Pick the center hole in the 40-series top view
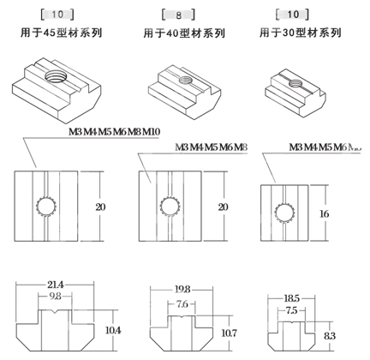click(165, 206)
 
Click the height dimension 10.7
click(230, 332)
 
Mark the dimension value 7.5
click(290, 310)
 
